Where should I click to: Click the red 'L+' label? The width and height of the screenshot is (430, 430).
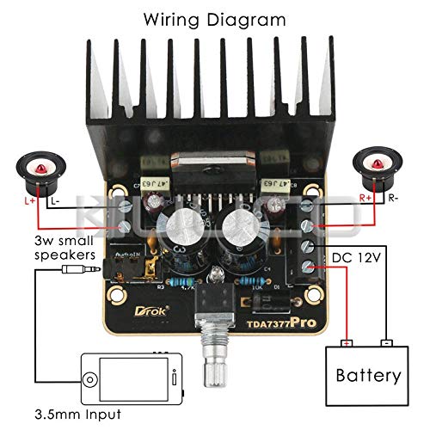tap(32, 200)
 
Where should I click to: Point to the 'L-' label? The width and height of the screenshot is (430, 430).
tap(54, 200)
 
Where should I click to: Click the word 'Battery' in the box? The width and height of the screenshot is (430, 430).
tap(368, 376)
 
